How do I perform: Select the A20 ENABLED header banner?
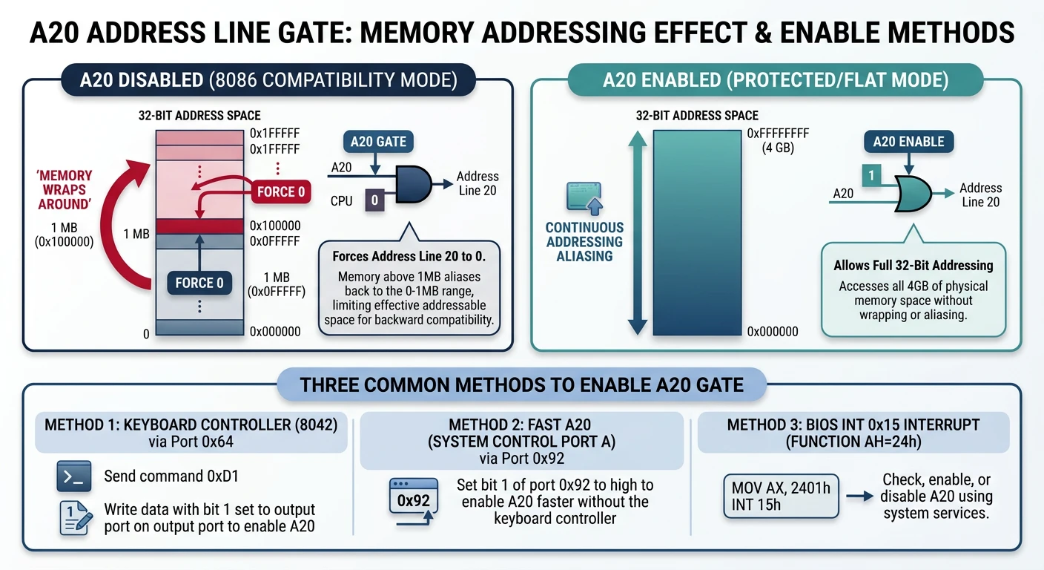775,79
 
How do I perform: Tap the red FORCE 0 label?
281,192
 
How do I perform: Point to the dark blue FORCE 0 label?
199,283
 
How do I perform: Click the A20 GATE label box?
378,142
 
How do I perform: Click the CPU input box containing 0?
374,200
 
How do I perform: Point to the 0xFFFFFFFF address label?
778,134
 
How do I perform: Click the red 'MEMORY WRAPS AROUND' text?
65,189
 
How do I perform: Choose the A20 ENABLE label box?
908,142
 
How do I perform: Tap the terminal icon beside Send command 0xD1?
73,476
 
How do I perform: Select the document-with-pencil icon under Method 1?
75,518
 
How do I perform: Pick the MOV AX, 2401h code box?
781,496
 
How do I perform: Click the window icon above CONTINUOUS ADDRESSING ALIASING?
584,197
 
